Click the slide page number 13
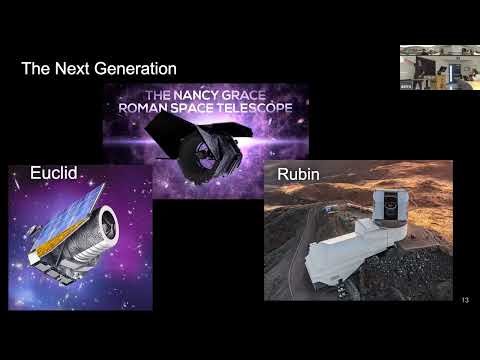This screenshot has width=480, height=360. pos(465,300)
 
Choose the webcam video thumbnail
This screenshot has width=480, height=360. pos(439,67)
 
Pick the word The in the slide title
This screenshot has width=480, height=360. pos(37,69)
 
